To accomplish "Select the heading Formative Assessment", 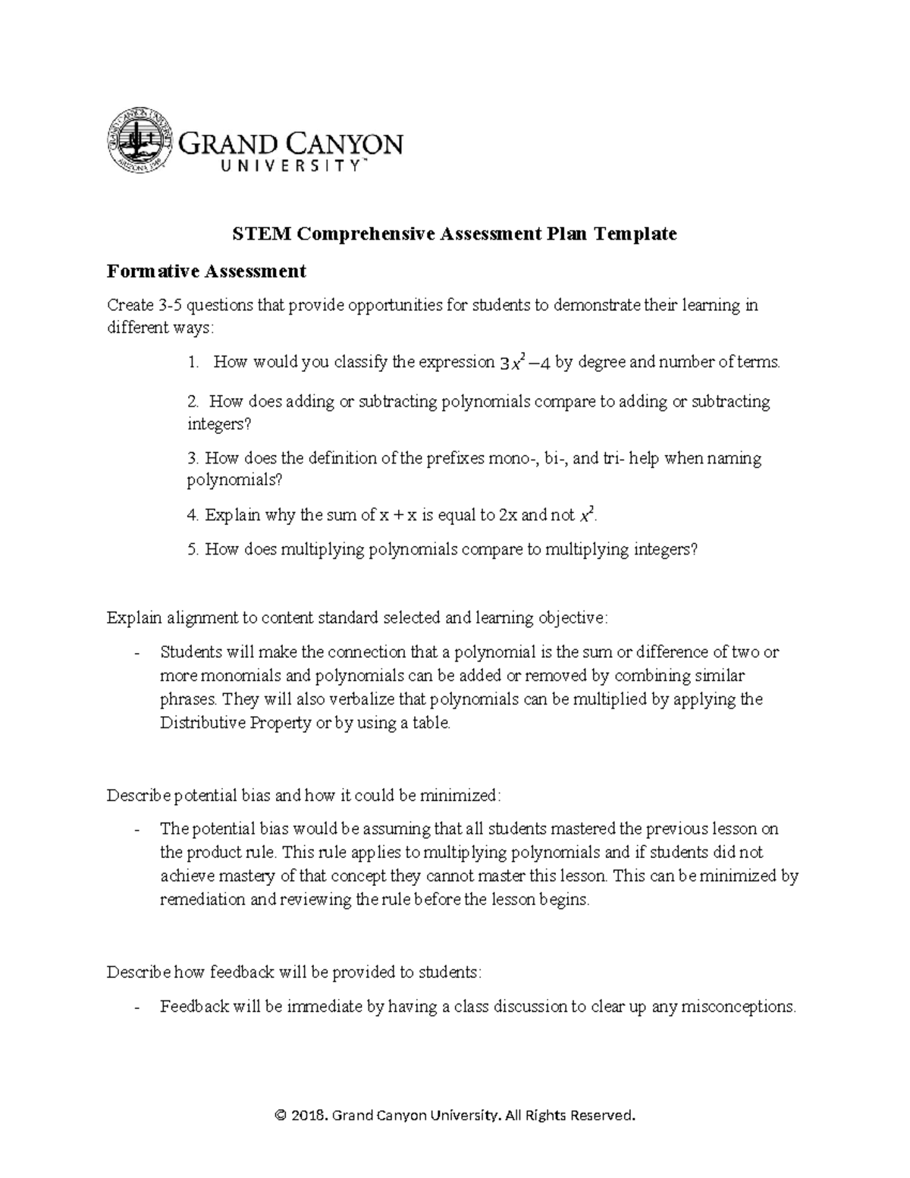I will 206,271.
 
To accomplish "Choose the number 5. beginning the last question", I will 193,550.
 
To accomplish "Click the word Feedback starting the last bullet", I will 194,1007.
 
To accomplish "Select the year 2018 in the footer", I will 310,1115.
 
